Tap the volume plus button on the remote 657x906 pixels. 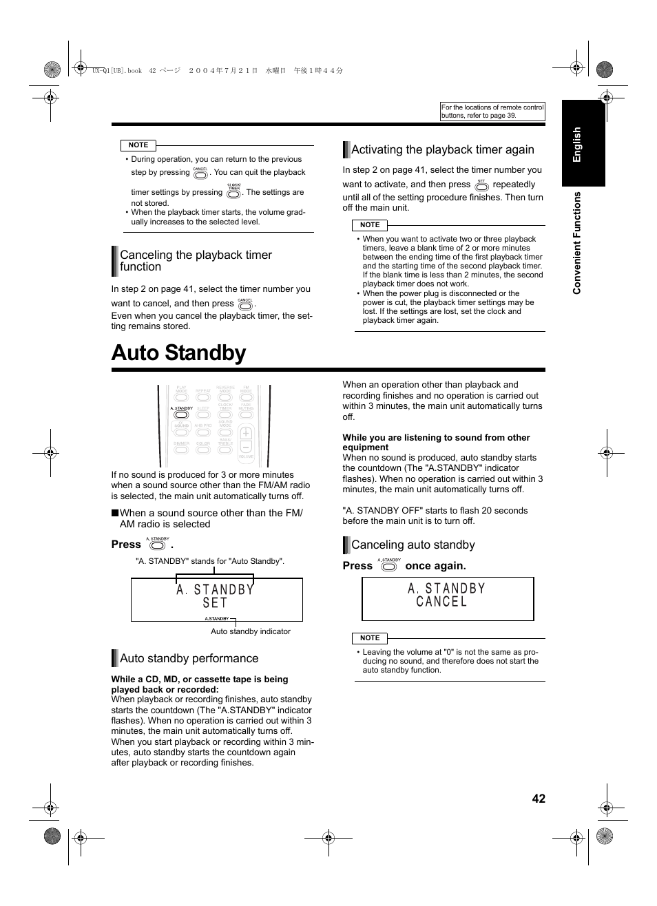pos(246,434)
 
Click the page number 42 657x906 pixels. pos(538,799)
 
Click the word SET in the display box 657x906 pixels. pos(215,603)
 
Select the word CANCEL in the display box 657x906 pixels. pos(441,602)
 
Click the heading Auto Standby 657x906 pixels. pos(178,352)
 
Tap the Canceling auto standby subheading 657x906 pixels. pos(413,545)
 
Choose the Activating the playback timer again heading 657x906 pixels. pos(442,149)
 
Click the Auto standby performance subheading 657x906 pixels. pos(189,658)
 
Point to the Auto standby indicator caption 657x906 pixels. pos(250,631)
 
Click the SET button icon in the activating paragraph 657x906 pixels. pos(481,186)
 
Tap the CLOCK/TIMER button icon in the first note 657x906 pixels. pos(233,193)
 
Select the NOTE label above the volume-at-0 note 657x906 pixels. pos(370,638)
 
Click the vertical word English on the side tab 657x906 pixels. pos(577,144)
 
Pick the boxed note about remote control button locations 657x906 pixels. pos(492,112)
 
